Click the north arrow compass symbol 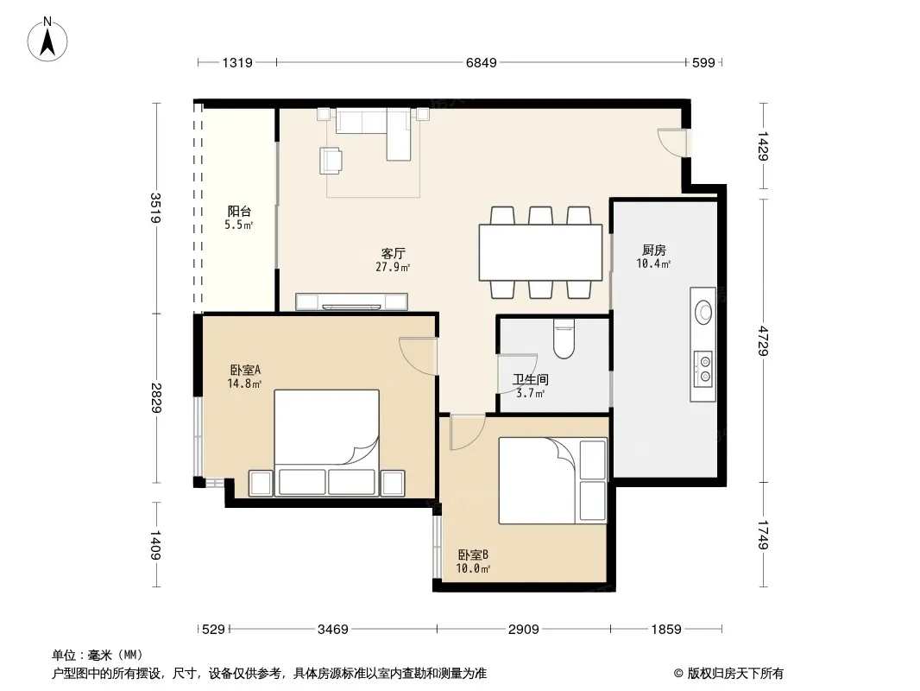click(x=47, y=40)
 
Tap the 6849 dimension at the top click(x=481, y=62)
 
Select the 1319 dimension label click(x=237, y=62)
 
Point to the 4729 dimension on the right click(x=763, y=340)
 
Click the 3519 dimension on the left click(x=155, y=208)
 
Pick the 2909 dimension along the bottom click(x=523, y=630)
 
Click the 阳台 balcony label click(x=239, y=211)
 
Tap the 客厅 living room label click(x=393, y=254)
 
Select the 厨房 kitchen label click(x=653, y=250)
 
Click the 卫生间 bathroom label click(x=531, y=380)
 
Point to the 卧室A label click(x=245, y=370)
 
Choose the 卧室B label click(x=473, y=555)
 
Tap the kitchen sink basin click(x=703, y=312)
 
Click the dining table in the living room click(x=540, y=252)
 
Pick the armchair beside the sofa click(x=331, y=161)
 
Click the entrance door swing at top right click(x=671, y=142)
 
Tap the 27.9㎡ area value click(x=393, y=267)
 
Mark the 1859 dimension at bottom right click(x=666, y=630)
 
